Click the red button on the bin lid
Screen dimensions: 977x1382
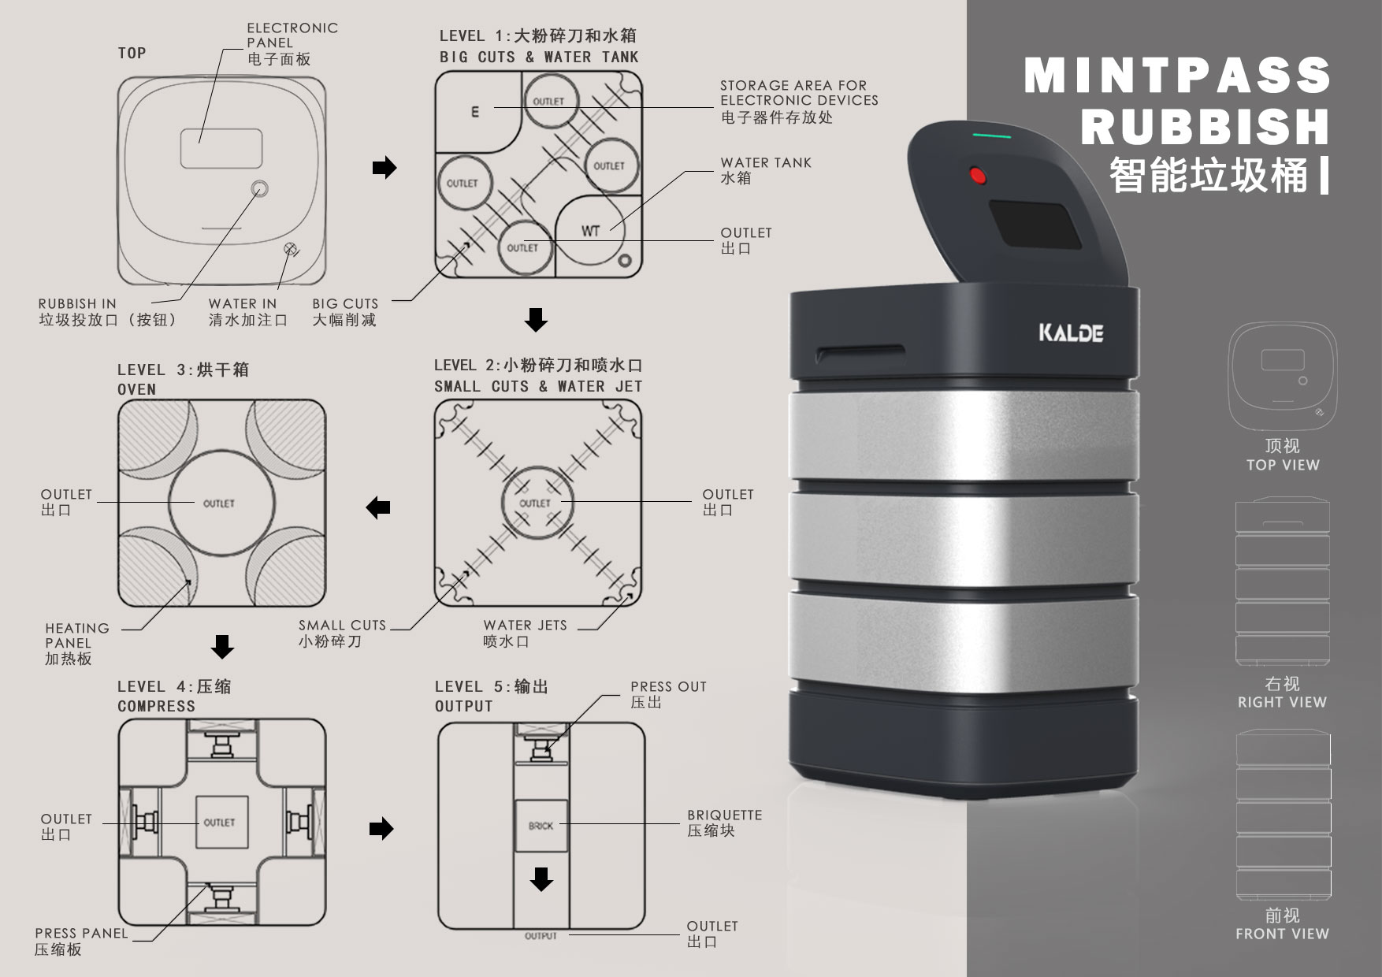[x=978, y=175]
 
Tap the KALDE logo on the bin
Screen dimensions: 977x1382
[x=1070, y=332]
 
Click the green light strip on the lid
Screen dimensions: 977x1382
[x=991, y=136]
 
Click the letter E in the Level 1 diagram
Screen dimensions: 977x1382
[x=474, y=112]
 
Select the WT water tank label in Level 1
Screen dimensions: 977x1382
[x=590, y=231]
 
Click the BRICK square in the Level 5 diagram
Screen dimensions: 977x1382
[x=541, y=826]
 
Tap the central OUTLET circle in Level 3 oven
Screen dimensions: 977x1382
[x=220, y=503]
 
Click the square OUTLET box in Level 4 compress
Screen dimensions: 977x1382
[x=220, y=822]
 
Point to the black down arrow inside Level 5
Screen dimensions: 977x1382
[x=541, y=879]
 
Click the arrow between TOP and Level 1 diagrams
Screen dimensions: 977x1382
[x=384, y=168]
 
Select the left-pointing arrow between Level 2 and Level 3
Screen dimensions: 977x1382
[x=379, y=507]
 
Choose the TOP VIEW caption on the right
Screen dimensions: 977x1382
[x=1282, y=465]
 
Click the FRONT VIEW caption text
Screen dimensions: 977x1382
[x=1282, y=934]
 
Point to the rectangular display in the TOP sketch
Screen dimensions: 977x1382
[x=221, y=148]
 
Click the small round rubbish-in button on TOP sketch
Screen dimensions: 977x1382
[x=259, y=189]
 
